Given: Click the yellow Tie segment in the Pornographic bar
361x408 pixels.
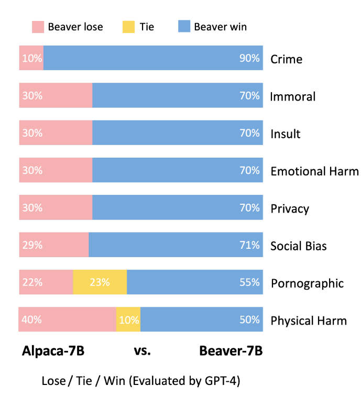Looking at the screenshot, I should pyautogui.click(x=100, y=282).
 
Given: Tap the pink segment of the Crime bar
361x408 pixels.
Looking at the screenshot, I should pyautogui.click(x=31, y=58).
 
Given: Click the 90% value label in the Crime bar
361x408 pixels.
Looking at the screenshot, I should pyautogui.click(x=249, y=58).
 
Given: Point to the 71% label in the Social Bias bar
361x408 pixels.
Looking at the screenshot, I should pyautogui.click(x=249, y=245).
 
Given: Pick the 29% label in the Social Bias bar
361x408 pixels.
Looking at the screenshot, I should pyautogui.click(x=32, y=245).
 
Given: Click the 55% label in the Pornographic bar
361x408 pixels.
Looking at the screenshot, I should pyautogui.click(x=249, y=282).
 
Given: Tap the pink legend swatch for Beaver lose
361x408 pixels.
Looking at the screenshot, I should pyautogui.click(x=38, y=27).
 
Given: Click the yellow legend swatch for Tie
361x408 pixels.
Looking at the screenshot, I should pyautogui.click(x=128, y=27).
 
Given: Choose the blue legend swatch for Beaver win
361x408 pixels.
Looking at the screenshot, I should pyautogui.click(x=184, y=27).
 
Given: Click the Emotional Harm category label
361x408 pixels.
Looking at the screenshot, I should pyautogui.click(x=314, y=171).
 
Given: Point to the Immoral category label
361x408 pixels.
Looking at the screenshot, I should pyautogui.click(x=292, y=96).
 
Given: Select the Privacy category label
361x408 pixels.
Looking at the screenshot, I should pyautogui.click(x=290, y=208).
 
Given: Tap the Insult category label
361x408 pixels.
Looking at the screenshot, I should pyautogui.click(x=285, y=134).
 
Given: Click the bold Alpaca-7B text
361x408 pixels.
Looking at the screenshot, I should pyautogui.click(x=53, y=351).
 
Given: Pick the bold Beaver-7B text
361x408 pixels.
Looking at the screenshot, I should pyautogui.click(x=231, y=351).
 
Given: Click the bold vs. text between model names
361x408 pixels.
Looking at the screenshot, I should pyautogui.click(x=142, y=351).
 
